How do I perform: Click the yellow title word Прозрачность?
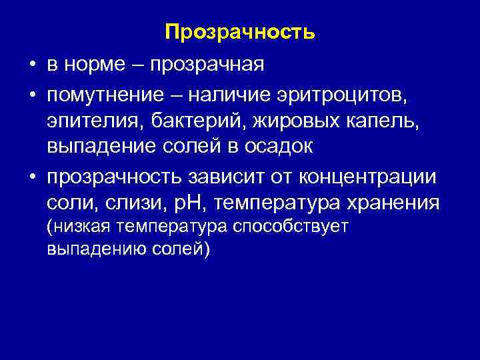pos(239,32)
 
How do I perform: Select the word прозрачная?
pos(207,65)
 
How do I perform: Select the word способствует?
pos(291,228)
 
